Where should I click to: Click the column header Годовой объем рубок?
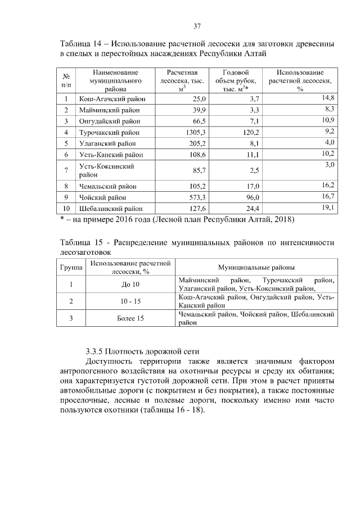[x=236, y=80]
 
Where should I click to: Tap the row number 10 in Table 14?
[x=66, y=209]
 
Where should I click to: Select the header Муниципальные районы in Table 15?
[x=256, y=268]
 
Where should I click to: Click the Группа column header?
[x=71, y=268]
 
